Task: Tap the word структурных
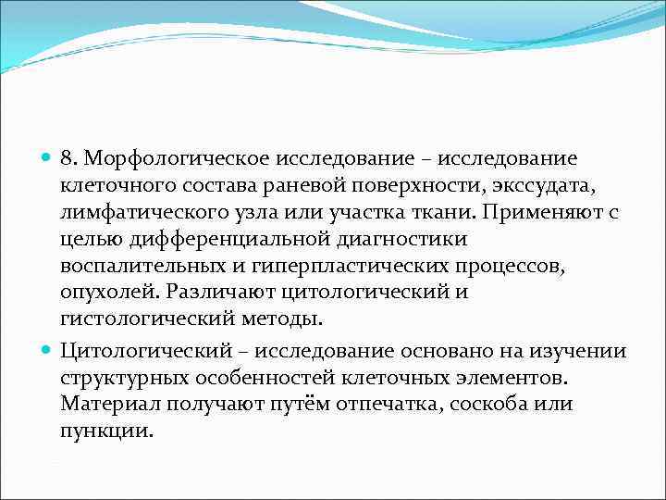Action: click(114, 378)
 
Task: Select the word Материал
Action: click(101, 405)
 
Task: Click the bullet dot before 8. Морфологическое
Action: click(47, 161)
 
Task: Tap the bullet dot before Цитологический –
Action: click(47, 352)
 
